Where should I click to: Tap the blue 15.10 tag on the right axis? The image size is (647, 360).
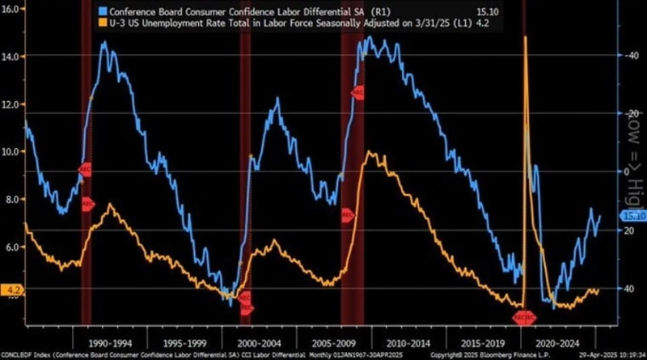coord(632,216)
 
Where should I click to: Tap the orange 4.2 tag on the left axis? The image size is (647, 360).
coord(14,288)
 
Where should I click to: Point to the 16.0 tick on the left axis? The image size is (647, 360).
coord(13,13)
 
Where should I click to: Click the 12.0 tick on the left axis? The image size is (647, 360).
coord(13,104)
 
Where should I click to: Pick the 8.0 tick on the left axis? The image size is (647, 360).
coord(13,200)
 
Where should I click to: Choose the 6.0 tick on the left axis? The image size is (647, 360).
coord(13,247)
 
